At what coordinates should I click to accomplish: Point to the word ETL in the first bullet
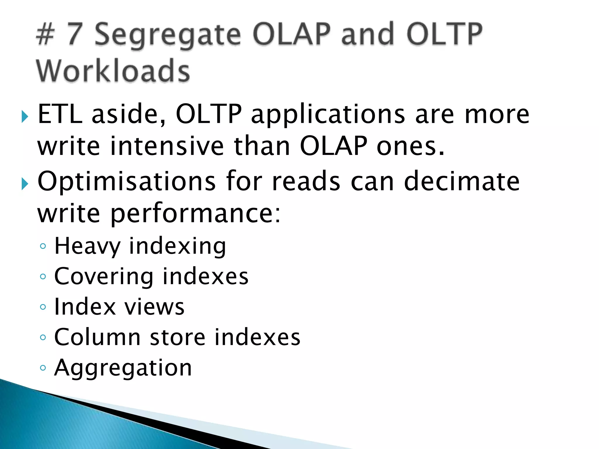(x=60, y=114)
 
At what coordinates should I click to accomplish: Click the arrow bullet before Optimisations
(x=25, y=184)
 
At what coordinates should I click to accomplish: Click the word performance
(x=195, y=214)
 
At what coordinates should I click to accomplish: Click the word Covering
(x=104, y=277)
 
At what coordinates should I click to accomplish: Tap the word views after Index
(x=154, y=307)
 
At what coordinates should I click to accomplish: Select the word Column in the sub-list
(x=97, y=337)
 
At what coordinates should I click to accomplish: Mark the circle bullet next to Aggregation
(x=43, y=368)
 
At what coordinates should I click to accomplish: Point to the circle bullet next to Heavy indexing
(x=43, y=246)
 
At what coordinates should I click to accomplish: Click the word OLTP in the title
(x=444, y=34)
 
